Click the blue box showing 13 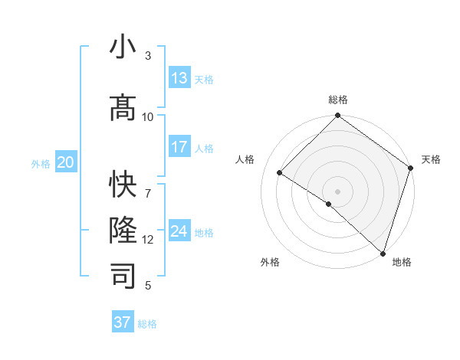(x=179, y=78)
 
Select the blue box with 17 (x=179, y=147)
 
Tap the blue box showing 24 (x=179, y=231)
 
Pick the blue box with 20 (x=66, y=162)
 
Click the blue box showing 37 (x=123, y=322)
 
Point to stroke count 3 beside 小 (x=147, y=55)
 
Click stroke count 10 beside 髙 (x=148, y=116)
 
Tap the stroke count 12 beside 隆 (x=148, y=239)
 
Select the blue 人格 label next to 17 (x=204, y=149)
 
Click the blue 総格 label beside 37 (x=147, y=324)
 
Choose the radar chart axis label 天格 (x=431, y=159)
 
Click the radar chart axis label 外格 (x=270, y=262)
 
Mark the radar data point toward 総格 (x=337, y=116)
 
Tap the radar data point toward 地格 (x=382, y=252)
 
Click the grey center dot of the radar (x=337, y=191)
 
